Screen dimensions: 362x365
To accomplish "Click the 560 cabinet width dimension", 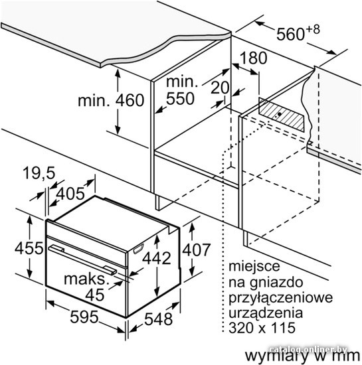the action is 290,34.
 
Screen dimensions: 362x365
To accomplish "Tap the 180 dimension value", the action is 254,58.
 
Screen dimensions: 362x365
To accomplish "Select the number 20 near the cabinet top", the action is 220,88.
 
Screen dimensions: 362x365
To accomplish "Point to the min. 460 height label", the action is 111,100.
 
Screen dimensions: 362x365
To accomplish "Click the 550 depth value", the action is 180,98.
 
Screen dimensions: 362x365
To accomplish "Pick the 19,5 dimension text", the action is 39,173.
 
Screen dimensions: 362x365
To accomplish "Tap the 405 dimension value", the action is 70,193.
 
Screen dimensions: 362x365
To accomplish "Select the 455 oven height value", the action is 29,248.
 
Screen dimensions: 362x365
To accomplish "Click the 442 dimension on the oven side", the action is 157,258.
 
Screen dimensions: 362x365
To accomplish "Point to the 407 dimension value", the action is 197,250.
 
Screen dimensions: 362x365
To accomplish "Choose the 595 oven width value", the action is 84,317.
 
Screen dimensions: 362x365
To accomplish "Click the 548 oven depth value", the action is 158,319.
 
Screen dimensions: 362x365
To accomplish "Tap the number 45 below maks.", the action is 94,295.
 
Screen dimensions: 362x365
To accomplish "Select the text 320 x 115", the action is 262,328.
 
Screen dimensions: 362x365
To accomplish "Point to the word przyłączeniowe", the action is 281,298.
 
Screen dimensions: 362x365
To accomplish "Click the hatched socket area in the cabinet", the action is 282,115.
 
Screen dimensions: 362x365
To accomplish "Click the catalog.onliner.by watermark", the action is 308,349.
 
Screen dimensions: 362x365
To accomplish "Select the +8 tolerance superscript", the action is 313,31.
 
